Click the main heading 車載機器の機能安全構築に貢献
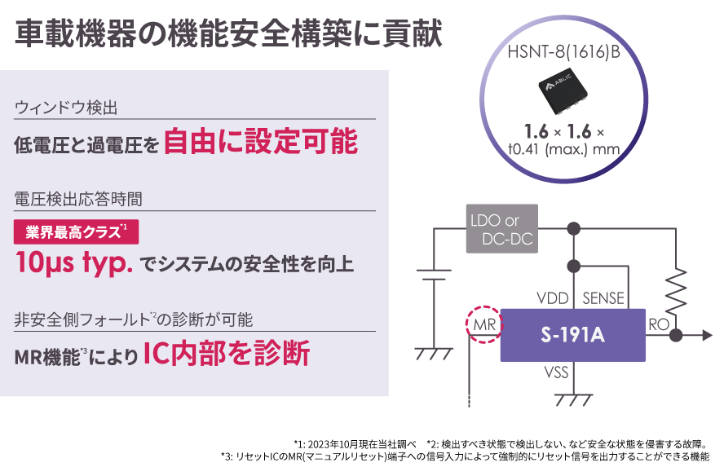228,34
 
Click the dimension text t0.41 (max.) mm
563,148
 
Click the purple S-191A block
572,334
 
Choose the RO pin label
658,324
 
